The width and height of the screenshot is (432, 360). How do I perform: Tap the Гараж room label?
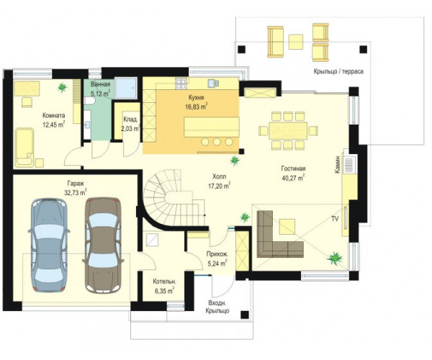[76, 183]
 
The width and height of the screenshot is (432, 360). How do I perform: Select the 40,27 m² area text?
[293, 178]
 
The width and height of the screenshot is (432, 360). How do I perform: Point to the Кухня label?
[196, 97]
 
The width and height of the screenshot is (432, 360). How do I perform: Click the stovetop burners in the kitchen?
[181, 84]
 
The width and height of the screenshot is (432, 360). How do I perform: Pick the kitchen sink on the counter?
[213, 83]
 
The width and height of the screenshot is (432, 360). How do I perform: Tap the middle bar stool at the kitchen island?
[217, 142]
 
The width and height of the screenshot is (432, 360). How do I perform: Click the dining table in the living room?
[288, 130]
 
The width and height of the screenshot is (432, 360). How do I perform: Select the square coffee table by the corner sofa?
[287, 226]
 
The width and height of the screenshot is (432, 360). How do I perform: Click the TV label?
[335, 219]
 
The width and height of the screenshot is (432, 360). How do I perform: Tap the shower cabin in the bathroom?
[125, 88]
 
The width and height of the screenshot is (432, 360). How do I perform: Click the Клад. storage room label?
[130, 120]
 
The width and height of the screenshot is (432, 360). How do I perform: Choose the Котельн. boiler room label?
[164, 282]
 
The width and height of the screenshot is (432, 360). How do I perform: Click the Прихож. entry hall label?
[217, 254]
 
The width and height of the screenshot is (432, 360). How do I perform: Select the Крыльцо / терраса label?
[338, 71]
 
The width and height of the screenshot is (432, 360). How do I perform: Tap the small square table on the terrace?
[296, 42]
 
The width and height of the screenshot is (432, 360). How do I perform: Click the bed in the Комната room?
[24, 148]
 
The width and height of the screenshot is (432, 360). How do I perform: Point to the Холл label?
[219, 176]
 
